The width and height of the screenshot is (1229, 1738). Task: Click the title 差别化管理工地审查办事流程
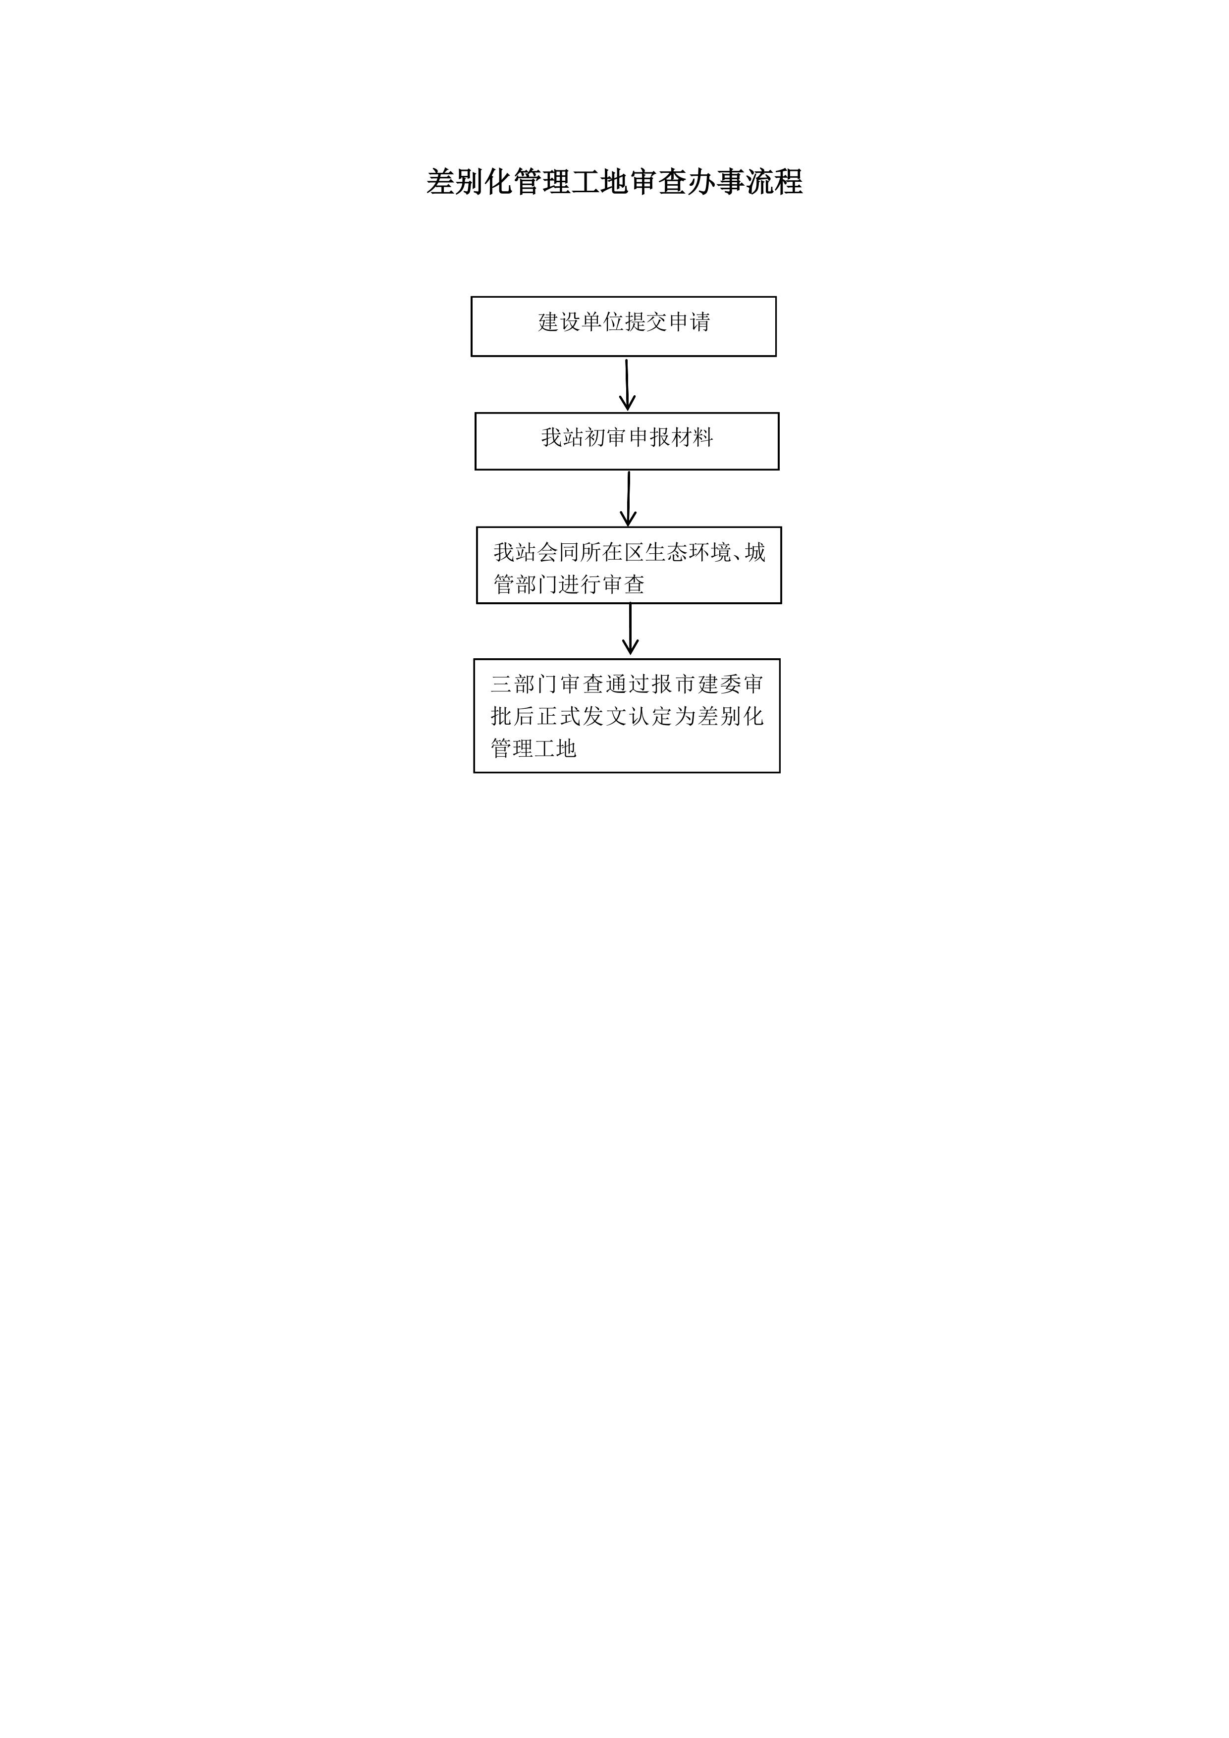point(614,182)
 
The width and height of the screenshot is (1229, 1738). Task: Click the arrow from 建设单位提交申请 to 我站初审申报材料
point(627,384)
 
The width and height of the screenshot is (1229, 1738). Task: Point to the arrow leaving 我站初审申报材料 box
point(629,498)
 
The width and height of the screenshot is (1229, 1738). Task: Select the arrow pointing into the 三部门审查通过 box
point(630,629)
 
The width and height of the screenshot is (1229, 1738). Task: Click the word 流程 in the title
point(774,182)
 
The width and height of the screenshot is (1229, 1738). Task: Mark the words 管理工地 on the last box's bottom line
point(534,748)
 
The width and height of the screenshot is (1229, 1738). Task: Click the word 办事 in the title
point(716,182)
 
